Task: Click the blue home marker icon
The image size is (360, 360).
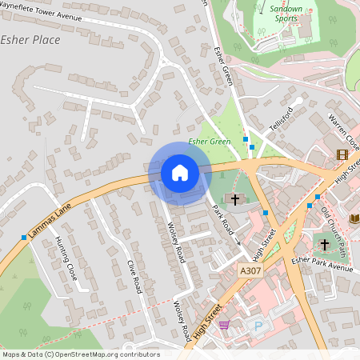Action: tap(180, 172)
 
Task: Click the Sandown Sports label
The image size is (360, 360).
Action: tap(286, 14)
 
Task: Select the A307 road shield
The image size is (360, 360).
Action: tap(250, 272)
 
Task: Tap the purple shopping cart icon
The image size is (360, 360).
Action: tap(223, 325)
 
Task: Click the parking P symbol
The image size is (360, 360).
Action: tap(258, 325)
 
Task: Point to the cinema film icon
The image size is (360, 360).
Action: tap(342, 154)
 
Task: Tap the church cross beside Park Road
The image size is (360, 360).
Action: tap(234, 198)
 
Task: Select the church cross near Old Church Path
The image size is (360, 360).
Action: tap(324, 244)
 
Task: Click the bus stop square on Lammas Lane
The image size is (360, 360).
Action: tap(24, 237)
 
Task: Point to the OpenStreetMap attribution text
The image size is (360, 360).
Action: tap(80, 354)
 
